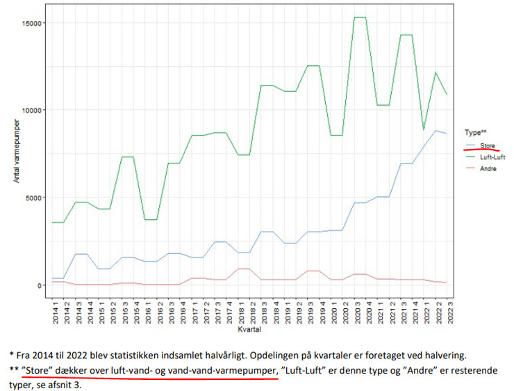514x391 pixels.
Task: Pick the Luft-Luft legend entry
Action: [492, 157]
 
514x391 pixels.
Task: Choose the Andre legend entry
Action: [488, 169]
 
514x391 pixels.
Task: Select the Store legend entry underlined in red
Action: [487, 145]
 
